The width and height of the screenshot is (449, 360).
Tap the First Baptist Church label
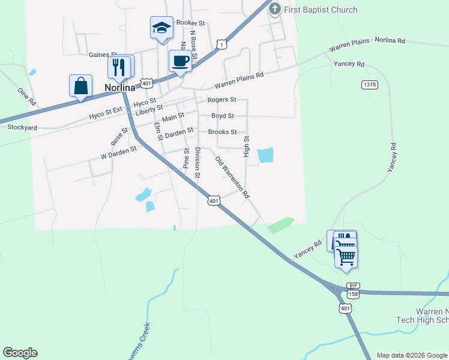click(x=321, y=10)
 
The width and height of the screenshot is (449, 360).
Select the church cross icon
click(x=275, y=8)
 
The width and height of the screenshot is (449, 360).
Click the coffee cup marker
click(x=181, y=60)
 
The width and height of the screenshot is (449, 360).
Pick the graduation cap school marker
click(x=161, y=28)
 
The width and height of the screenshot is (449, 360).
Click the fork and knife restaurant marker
click(x=119, y=67)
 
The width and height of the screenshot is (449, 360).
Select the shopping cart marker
click(x=346, y=256)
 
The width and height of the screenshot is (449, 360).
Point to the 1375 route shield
click(x=370, y=85)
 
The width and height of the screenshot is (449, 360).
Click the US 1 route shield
click(x=222, y=44)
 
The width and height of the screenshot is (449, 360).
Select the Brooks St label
click(x=222, y=132)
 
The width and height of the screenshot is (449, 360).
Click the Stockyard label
click(x=22, y=128)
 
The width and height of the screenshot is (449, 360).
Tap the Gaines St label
click(x=103, y=55)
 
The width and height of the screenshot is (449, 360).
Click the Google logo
click(x=20, y=353)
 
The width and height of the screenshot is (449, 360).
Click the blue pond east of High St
click(x=265, y=155)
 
